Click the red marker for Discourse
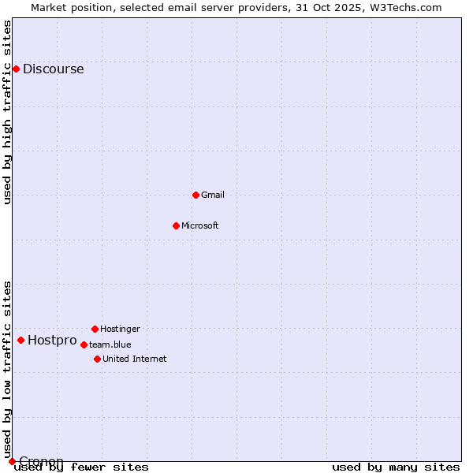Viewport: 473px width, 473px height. pos(16,69)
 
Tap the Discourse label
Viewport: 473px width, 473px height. pos(53,69)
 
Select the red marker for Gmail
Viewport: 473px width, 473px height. pos(196,195)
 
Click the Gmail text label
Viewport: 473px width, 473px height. pos(213,195)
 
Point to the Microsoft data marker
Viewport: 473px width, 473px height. pos(176,225)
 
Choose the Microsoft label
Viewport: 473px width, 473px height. pos(200,225)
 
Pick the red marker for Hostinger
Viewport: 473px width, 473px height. pos(95,329)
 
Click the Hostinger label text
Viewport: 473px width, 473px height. pos(120,329)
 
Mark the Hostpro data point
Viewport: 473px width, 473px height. pos(20,340)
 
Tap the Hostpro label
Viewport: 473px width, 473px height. pos(52,341)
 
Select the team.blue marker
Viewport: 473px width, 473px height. pos(84,345)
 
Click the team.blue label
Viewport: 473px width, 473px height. pos(110,345)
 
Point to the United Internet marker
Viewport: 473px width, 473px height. pos(97,359)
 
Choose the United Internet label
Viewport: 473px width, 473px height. pos(135,359)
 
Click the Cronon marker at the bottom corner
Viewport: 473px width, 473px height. pos(12,461)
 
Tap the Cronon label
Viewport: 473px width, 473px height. pos(41,461)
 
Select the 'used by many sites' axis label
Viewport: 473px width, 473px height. pos(396,467)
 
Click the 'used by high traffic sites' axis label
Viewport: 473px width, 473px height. pos(8,112)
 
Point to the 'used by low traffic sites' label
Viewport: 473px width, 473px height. pos(8,369)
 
